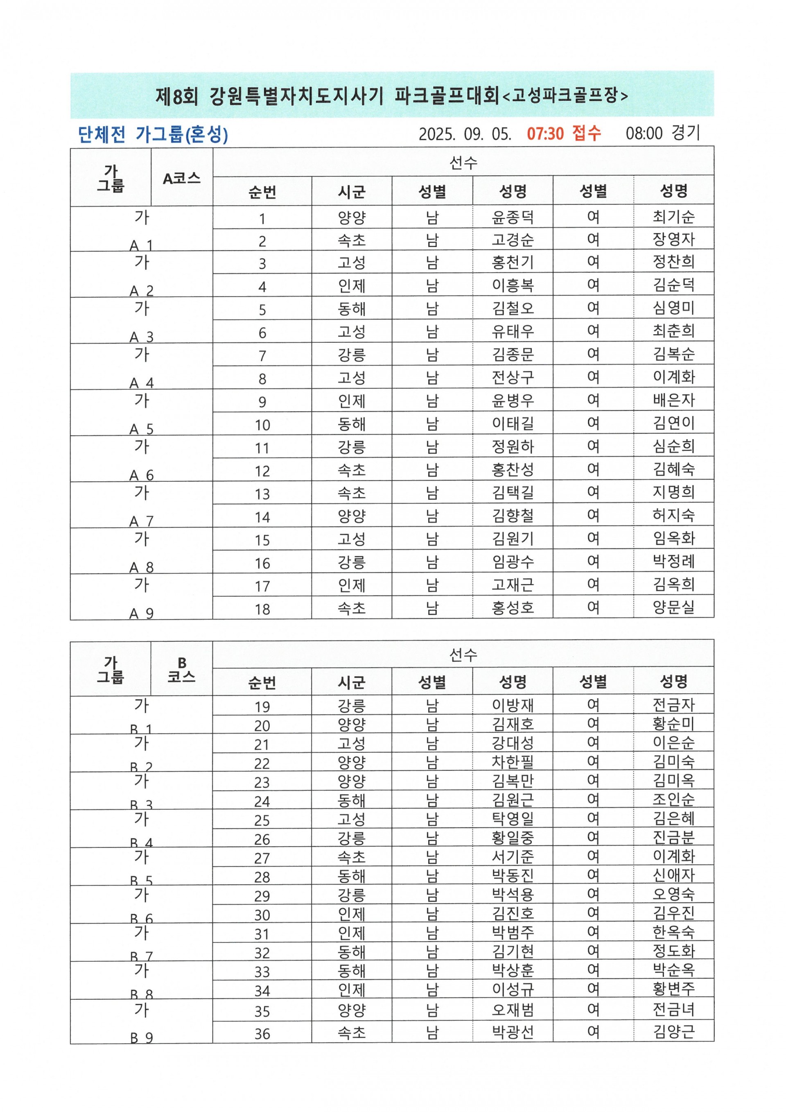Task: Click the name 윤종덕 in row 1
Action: [513, 217]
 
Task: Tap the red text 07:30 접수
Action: [564, 133]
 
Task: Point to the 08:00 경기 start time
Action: [663, 133]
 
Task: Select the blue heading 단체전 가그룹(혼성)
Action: [152, 134]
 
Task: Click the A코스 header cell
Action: [181, 178]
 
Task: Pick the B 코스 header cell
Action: [181, 670]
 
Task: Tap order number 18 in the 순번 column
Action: [262, 609]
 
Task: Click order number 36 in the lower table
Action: [262, 1033]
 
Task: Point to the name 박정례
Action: [673, 562]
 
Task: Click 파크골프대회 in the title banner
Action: [447, 95]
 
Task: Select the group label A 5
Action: [141, 429]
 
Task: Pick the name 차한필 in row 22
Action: [513, 762]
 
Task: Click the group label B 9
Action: [141, 1037]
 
